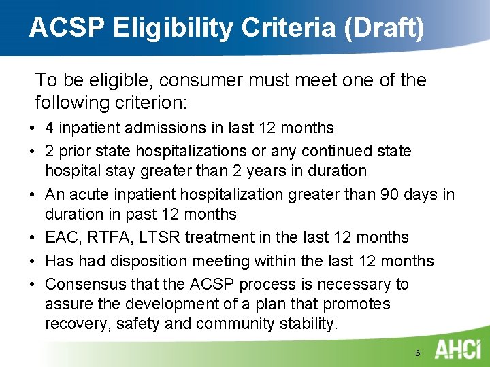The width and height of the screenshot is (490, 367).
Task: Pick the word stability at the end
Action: (x=308, y=324)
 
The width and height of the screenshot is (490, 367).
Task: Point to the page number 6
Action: (x=417, y=353)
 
